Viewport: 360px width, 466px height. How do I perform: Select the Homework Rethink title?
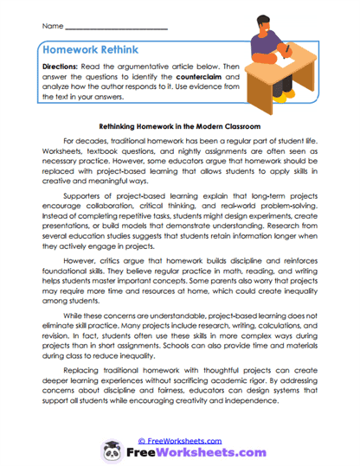click(x=95, y=51)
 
